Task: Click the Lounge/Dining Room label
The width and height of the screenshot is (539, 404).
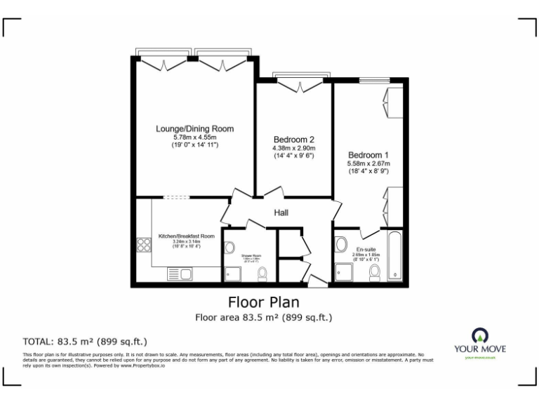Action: pyautogui.click(x=194, y=129)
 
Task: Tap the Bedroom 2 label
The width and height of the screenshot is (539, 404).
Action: pyautogui.click(x=294, y=140)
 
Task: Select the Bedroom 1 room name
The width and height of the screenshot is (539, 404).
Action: pyautogui.click(x=368, y=154)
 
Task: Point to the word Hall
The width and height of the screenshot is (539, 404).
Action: pyautogui.click(x=282, y=213)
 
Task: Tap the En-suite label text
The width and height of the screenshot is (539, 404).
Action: pyautogui.click(x=366, y=250)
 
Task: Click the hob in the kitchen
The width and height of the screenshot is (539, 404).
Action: pyautogui.click(x=145, y=245)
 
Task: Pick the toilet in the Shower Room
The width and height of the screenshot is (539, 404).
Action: pyautogui.click(x=262, y=273)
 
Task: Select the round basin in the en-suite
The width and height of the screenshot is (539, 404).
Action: pyautogui.click(x=341, y=245)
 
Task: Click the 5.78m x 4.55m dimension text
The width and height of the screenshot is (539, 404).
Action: pyautogui.click(x=194, y=137)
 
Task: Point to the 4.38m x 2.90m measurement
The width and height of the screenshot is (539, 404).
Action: pyautogui.click(x=294, y=148)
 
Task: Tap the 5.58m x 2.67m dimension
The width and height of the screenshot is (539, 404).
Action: pyautogui.click(x=368, y=163)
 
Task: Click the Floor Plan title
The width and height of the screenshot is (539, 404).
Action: pyautogui.click(x=264, y=302)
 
